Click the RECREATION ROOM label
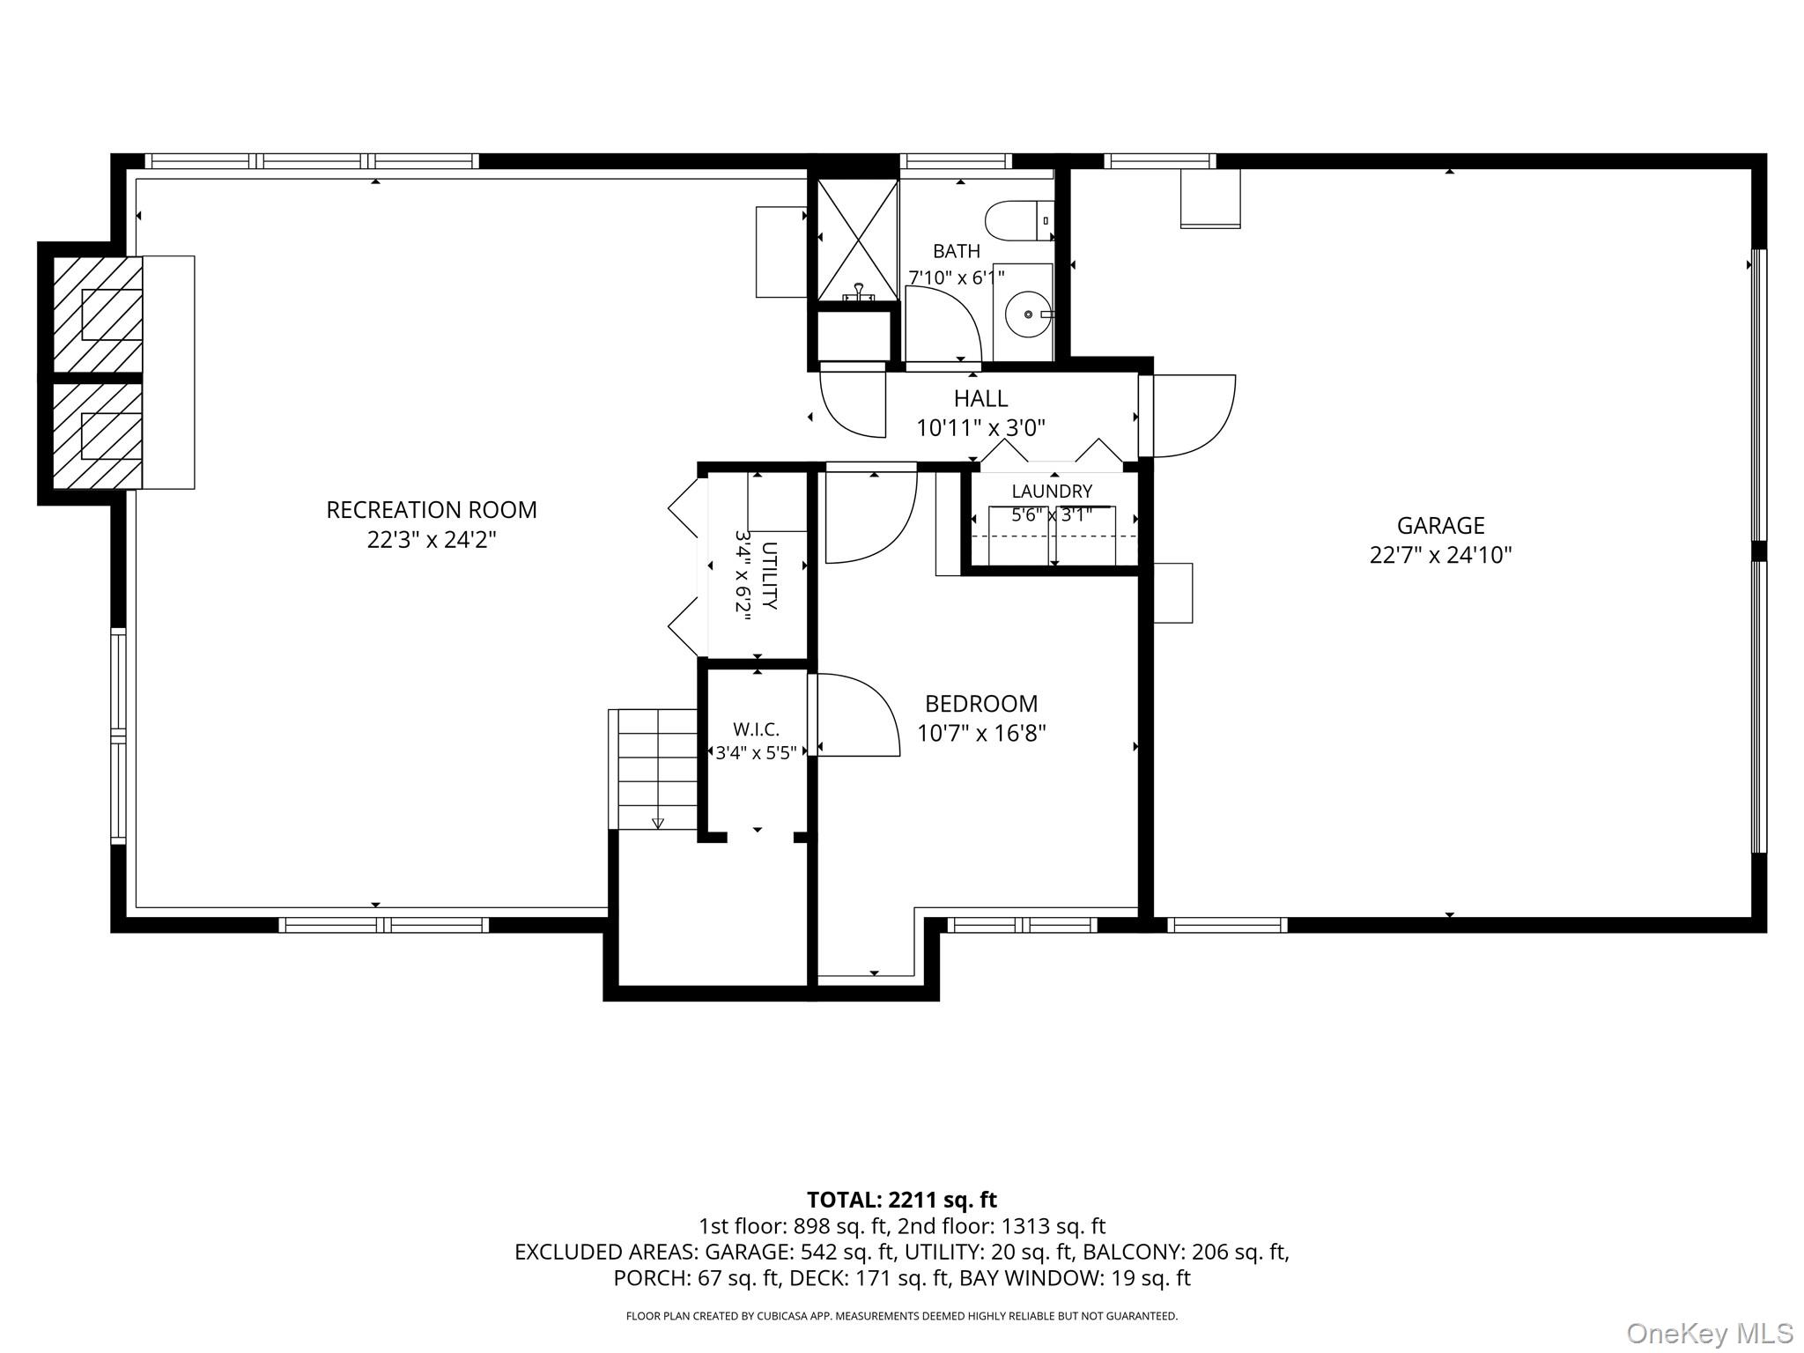(x=432, y=510)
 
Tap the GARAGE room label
(x=1440, y=526)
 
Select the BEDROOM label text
(x=981, y=704)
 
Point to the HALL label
(x=980, y=399)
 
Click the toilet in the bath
(x=1019, y=220)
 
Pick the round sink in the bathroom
(x=1028, y=314)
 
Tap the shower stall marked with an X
(x=857, y=240)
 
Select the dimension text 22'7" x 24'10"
(x=1440, y=556)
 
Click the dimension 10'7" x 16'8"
(x=981, y=734)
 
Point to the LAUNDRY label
(x=1052, y=492)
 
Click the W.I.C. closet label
(x=756, y=730)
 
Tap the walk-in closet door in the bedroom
(x=854, y=714)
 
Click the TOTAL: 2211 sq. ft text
(x=902, y=1200)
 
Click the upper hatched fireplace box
(x=98, y=314)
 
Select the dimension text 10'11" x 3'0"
(x=980, y=429)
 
